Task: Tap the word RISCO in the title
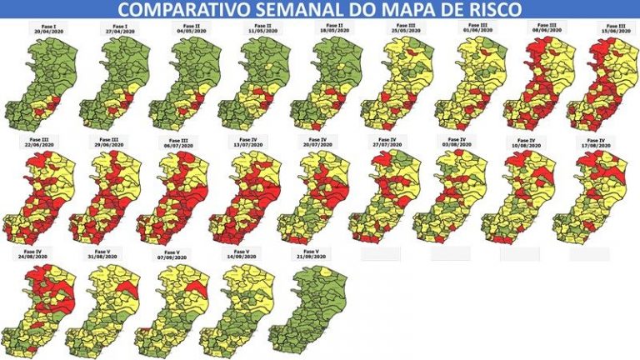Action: [x=492, y=10]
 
